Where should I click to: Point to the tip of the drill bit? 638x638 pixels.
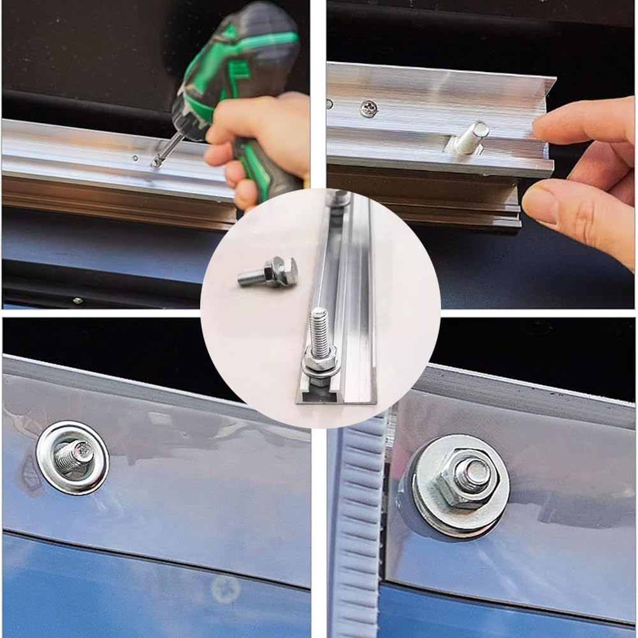tap(154, 164)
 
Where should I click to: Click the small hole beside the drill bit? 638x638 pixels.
tap(134, 157)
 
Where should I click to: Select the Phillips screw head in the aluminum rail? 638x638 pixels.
tap(368, 109)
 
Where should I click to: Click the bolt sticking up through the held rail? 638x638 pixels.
tap(472, 138)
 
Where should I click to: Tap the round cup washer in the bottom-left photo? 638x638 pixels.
tap(72, 458)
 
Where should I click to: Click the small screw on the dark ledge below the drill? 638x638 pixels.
tap(77, 300)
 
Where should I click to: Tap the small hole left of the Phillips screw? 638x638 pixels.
tap(329, 103)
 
